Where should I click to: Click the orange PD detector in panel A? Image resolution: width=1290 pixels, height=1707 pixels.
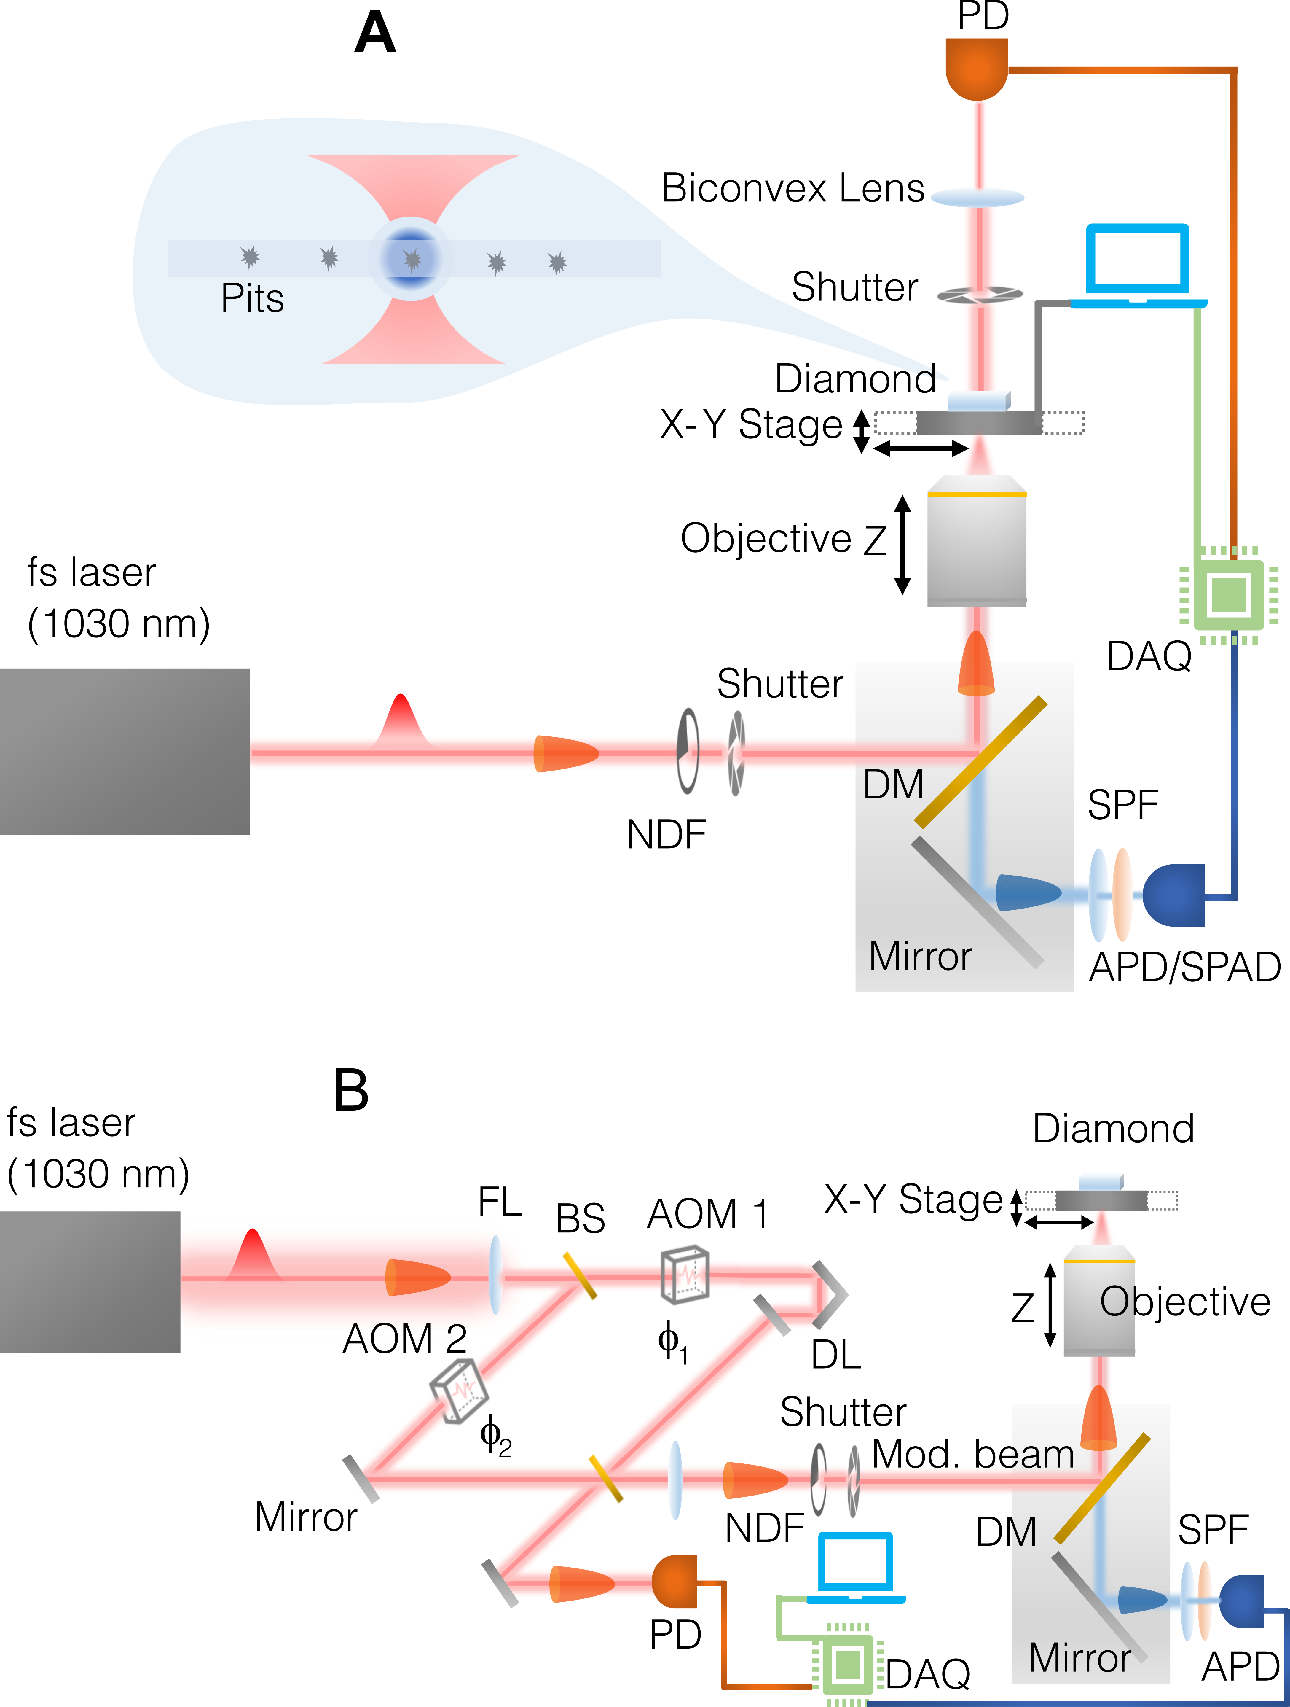pyautogui.click(x=977, y=68)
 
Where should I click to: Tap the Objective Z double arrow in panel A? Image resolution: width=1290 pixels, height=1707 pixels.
pyautogui.click(x=902, y=545)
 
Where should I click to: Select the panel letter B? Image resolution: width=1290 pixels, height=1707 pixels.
pyautogui.click(x=351, y=1090)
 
